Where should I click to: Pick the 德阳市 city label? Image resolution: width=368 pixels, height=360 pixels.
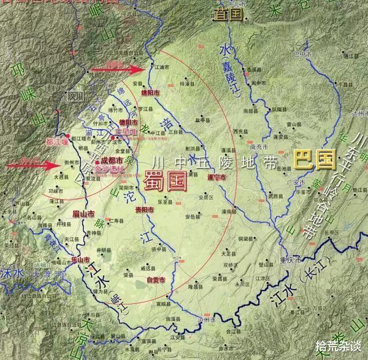tap(128, 122)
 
